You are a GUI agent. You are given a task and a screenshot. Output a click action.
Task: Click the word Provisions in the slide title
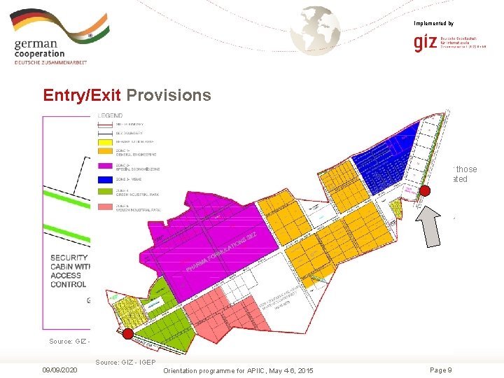[x=169, y=95]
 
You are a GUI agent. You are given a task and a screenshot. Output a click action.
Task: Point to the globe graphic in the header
[x=316, y=30]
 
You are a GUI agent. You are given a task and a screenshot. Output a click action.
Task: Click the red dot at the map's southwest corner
[x=127, y=333]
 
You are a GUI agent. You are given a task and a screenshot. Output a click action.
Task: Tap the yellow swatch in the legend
[x=106, y=139]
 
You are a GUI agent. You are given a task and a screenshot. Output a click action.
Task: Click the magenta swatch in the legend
[x=106, y=166]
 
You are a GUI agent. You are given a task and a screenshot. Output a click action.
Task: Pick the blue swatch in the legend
[x=106, y=178]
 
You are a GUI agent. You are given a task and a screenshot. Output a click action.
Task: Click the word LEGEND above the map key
[x=111, y=115]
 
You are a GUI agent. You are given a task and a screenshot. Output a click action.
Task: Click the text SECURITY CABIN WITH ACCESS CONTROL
[x=70, y=271]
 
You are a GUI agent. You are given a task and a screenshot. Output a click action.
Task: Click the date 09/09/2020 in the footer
[x=59, y=370]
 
